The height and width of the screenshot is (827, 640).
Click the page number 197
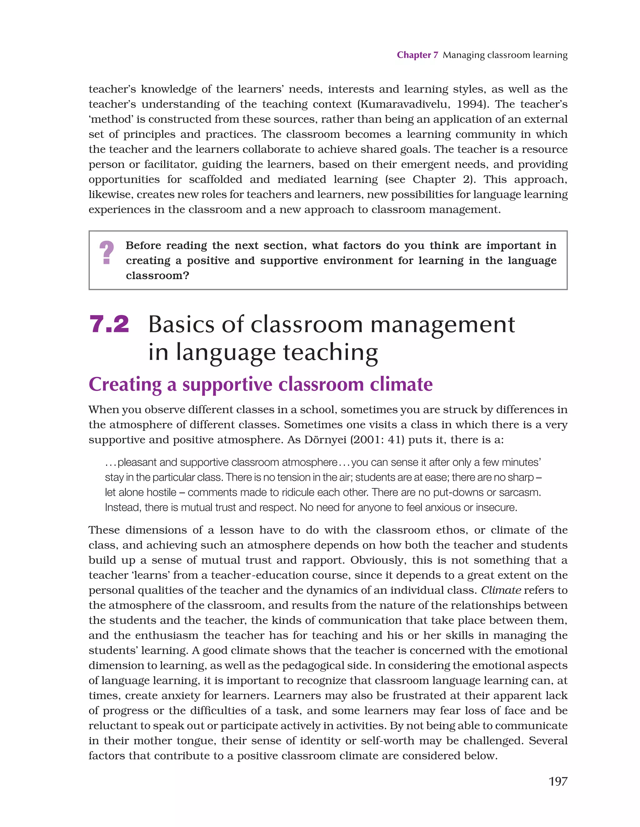tap(558, 781)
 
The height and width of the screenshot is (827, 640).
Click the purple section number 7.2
tap(109, 324)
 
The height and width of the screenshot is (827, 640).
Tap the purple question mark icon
tap(107, 253)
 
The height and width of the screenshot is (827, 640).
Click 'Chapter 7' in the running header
tap(417, 55)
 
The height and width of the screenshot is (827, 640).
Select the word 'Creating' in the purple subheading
tap(125, 384)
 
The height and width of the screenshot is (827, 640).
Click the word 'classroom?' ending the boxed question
tap(157, 276)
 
